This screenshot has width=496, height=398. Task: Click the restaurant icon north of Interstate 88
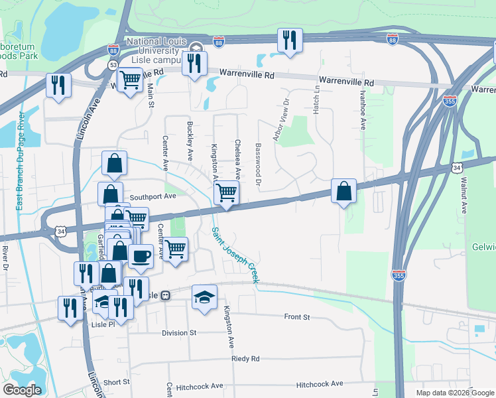pyautogui.click(x=290, y=40)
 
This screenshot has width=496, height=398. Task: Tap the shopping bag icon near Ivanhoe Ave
pyautogui.click(x=343, y=191)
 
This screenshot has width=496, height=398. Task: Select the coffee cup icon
pyautogui.click(x=141, y=257)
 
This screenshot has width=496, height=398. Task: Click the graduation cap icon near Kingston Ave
pyautogui.click(x=204, y=297)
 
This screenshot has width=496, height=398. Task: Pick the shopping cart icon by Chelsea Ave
pyautogui.click(x=226, y=194)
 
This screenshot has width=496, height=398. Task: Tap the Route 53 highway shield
pyautogui.click(x=113, y=64)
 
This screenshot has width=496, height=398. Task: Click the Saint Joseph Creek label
pyautogui.click(x=235, y=255)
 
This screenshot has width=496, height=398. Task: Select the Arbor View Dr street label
pyautogui.click(x=286, y=116)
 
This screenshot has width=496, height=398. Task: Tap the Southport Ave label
pyautogui.click(x=153, y=196)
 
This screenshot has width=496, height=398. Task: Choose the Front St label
pyautogui.click(x=296, y=318)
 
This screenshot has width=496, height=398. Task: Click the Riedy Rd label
pyautogui.click(x=245, y=358)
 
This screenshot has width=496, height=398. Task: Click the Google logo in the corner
pyautogui.click(x=22, y=389)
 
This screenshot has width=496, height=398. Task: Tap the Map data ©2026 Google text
pyautogui.click(x=454, y=393)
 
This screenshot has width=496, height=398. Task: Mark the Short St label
pyautogui.click(x=116, y=382)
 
